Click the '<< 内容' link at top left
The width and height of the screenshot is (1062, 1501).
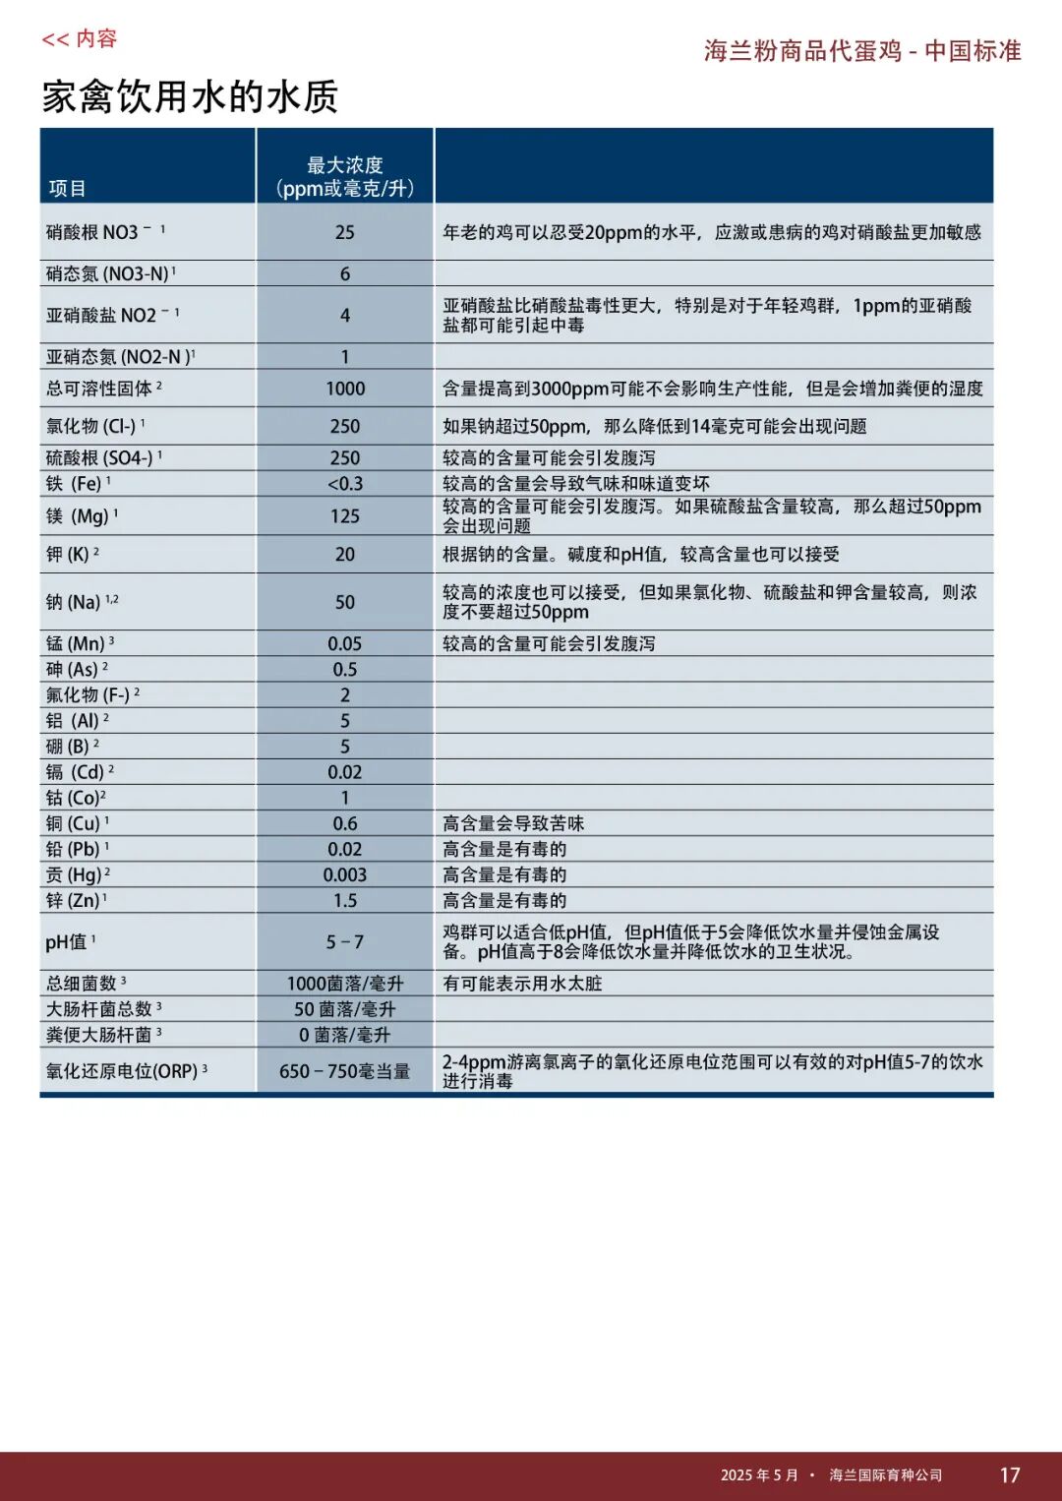79,39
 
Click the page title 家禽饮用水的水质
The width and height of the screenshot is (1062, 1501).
190,96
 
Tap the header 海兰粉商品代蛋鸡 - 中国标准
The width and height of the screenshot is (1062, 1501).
862,51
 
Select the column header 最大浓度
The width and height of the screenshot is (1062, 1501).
344,165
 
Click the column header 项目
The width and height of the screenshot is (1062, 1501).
68,188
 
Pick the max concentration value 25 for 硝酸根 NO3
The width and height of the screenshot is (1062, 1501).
344,232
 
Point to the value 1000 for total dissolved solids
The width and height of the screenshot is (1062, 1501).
344,389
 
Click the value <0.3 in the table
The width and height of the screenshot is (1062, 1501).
344,484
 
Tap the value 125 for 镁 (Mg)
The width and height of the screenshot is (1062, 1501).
344,516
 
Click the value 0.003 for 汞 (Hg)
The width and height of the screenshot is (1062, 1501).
344,874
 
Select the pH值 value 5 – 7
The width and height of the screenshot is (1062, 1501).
344,942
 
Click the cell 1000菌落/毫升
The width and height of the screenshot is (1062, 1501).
344,984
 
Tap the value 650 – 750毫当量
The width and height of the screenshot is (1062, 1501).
344,1071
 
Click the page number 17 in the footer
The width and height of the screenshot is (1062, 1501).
1010,1474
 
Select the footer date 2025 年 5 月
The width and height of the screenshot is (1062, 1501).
759,1474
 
